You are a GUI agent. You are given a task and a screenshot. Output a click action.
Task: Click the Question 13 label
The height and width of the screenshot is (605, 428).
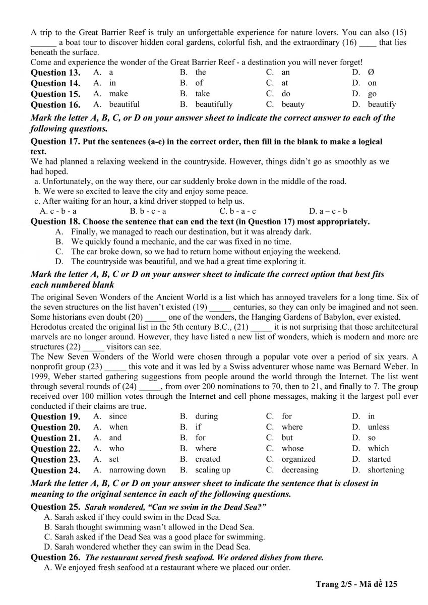click(x=55, y=73)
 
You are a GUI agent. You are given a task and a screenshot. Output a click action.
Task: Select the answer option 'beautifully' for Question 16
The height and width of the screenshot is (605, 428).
click(x=214, y=104)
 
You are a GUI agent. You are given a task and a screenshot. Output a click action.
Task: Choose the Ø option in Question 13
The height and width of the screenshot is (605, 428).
click(x=371, y=73)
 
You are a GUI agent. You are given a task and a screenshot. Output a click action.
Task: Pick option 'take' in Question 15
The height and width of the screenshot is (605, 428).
click(x=203, y=94)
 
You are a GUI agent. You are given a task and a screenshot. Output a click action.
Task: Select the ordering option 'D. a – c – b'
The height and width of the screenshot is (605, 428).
click(x=328, y=211)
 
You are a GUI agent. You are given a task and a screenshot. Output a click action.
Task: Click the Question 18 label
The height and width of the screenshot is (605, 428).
click(x=55, y=222)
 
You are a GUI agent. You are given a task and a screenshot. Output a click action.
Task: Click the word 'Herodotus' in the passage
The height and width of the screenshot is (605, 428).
click(x=48, y=327)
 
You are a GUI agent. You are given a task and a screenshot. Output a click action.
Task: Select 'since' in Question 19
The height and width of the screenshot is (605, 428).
click(x=118, y=416)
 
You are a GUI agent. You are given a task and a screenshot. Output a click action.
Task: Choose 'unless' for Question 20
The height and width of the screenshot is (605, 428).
click(x=379, y=427)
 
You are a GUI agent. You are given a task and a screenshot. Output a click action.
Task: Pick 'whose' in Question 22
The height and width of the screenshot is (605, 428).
click(x=292, y=448)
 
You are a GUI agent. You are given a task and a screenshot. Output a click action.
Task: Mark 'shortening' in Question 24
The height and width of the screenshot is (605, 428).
click(x=386, y=470)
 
